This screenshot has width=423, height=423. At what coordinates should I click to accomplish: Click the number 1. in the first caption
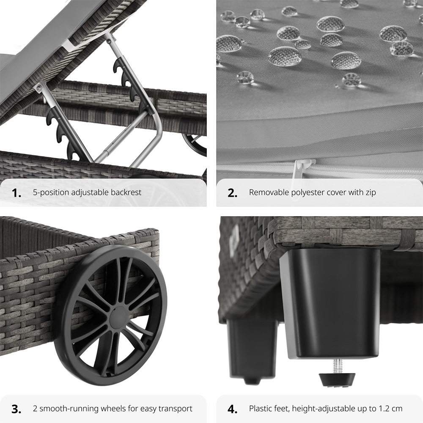coord(16,193)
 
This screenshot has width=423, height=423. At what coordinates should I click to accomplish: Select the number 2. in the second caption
coord(233,193)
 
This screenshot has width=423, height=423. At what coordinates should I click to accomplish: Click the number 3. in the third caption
coord(16,409)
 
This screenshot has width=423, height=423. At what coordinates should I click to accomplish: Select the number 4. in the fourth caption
coord(233,409)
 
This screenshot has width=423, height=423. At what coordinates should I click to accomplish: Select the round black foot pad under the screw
coord(337,379)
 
